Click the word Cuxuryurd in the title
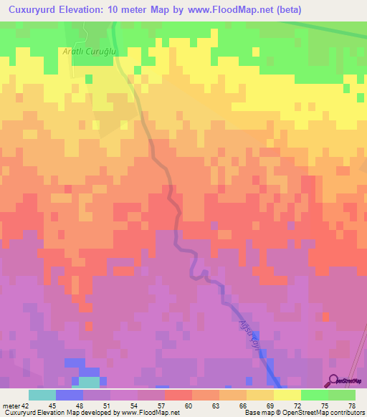click(34, 10)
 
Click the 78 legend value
click(351, 406)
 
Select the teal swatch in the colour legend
click(42, 395)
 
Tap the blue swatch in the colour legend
click(70, 395)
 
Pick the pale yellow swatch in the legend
click(287, 395)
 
